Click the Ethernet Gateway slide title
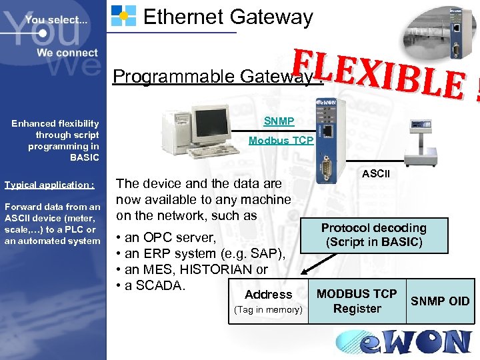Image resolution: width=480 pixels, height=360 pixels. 228,16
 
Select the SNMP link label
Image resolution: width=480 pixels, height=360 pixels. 278,121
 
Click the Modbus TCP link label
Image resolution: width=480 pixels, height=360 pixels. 281,140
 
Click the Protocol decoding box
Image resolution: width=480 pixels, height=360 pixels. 373,235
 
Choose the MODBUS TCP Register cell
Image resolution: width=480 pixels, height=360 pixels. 357,301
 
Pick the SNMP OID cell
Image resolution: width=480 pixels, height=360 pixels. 440,301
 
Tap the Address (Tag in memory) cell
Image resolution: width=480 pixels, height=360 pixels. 268,301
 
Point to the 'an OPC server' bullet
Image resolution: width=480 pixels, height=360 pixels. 166,237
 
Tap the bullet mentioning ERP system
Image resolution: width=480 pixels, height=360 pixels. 201,253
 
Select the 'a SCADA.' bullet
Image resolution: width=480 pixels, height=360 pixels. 154,285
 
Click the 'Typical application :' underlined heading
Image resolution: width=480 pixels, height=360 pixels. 49,185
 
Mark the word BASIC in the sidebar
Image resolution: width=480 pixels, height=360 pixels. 84,157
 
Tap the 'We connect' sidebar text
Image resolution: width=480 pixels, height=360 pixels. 67,53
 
